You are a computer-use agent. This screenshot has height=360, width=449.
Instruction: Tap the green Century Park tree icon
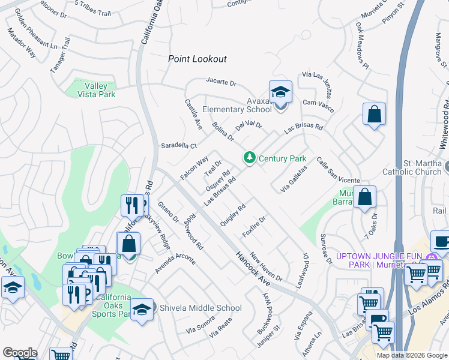[249, 158]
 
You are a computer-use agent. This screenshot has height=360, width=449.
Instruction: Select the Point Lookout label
[197, 59]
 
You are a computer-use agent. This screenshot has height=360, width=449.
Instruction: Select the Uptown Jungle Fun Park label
[379, 260]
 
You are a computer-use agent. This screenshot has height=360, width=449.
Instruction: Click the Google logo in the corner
[20, 353]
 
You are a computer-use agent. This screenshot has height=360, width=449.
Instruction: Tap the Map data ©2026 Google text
[412, 355]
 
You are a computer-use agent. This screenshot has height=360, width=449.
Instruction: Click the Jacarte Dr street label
[221, 81]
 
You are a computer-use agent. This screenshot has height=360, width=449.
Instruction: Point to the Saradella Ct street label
[179, 146]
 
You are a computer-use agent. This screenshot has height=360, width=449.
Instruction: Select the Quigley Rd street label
[233, 215]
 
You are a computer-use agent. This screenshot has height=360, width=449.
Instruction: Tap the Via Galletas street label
[294, 179]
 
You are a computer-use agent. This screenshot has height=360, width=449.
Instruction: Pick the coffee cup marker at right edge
[441, 242]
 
